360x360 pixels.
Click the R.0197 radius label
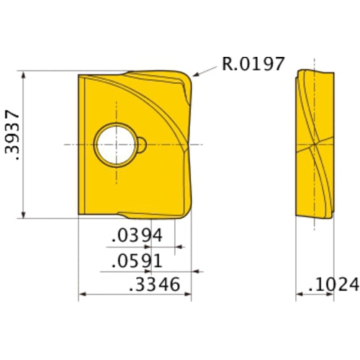point(253,64)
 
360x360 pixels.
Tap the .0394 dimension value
point(137,236)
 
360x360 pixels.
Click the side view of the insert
point(315,143)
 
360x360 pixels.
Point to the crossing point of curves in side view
point(315,144)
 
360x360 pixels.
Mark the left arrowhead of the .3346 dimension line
point(81,295)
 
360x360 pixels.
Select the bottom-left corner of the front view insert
point(78,215)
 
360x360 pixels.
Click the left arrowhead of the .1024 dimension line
point(298,295)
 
